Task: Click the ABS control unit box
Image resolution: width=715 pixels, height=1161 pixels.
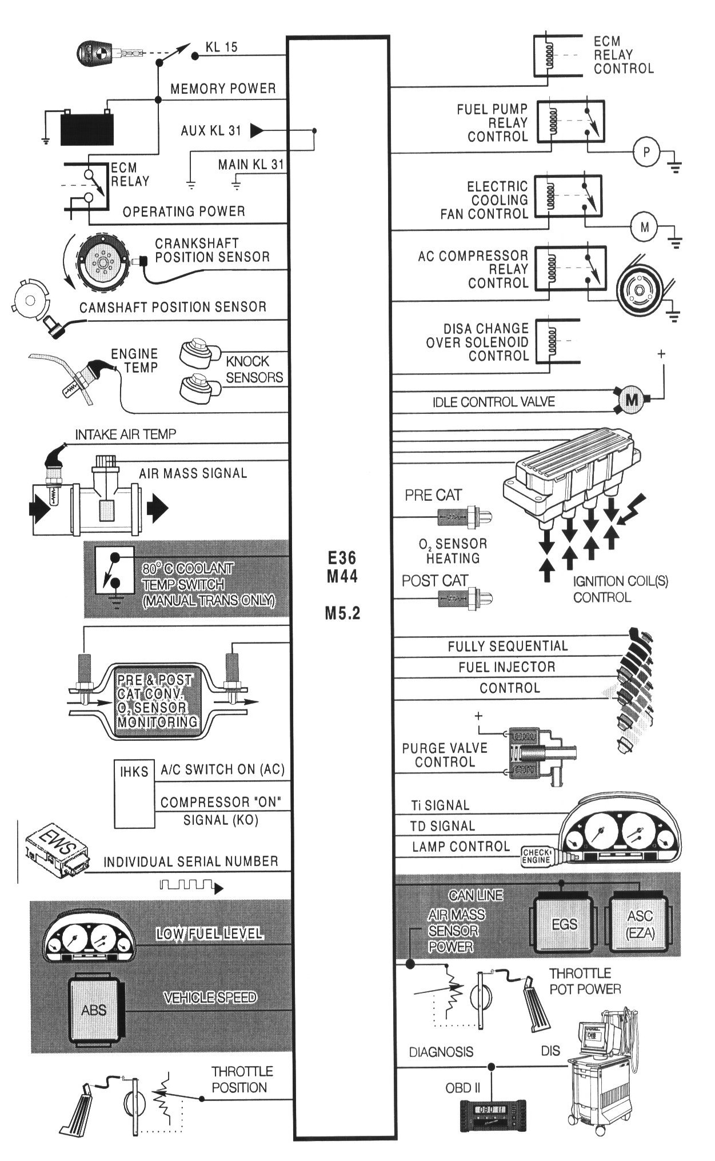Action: [94, 1009]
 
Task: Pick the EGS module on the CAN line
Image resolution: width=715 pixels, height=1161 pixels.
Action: [564, 924]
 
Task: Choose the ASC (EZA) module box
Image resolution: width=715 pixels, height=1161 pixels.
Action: [640, 924]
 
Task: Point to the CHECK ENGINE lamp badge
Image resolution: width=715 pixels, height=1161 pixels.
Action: [536, 856]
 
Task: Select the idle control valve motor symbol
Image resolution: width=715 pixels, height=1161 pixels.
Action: [631, 400]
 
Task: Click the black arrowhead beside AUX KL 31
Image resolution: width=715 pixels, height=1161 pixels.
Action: [257, 131]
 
